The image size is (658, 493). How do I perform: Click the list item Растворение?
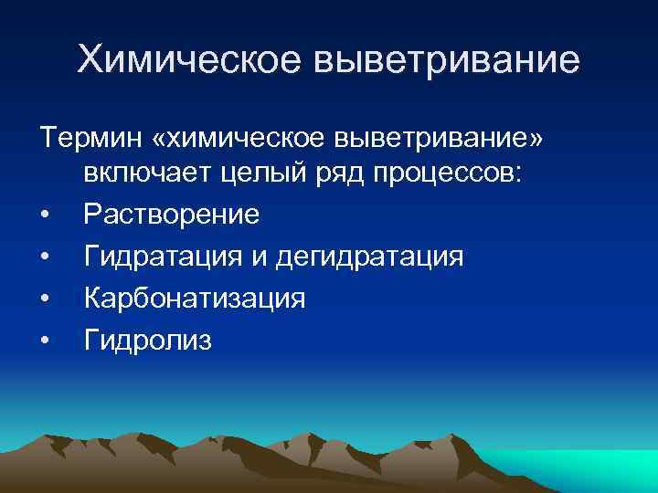click(172, 215)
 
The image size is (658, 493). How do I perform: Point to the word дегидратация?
click(367, 257)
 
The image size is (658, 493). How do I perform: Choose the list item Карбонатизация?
click(195, 299)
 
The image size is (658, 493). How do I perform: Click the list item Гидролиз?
click(147, 341)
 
